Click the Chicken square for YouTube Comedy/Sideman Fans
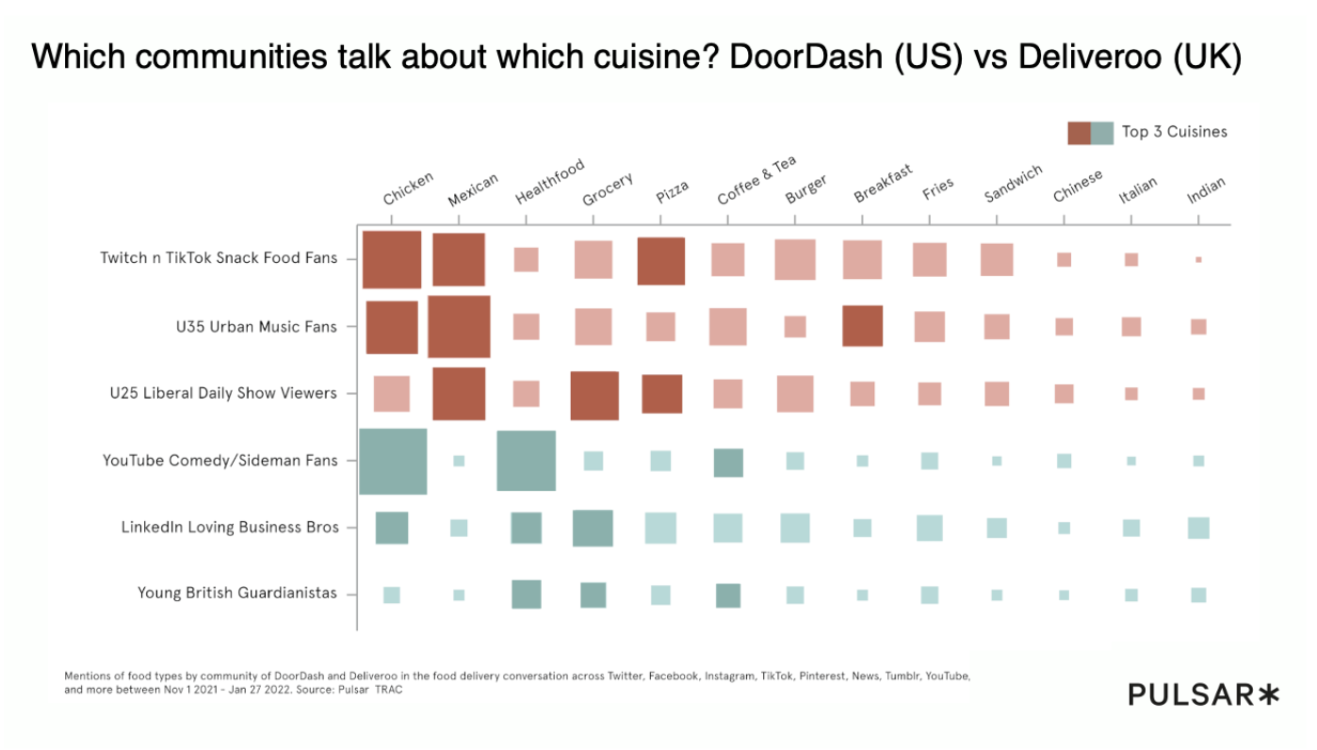(393, 461)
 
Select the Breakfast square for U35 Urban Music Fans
(862, 326)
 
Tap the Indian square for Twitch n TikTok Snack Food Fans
(1198, 259)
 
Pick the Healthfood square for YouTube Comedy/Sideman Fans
(526, 461)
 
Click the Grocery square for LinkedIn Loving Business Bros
(593, 528)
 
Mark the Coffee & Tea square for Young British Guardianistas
(727, 595)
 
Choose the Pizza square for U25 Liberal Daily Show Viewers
(661, 394)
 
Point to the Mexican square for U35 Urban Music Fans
(459, 326)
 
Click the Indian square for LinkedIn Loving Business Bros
(1198, 528)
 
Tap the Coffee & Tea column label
(756, 180)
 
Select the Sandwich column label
(1013, 184)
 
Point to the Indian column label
(1206, 190)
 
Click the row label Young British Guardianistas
(236, 593)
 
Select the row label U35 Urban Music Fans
(255, 327)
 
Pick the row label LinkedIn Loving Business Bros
(229, 528)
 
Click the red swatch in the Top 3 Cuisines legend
(1078, 133)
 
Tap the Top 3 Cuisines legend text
(1174, 132)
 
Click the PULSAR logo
(1204, 695)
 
